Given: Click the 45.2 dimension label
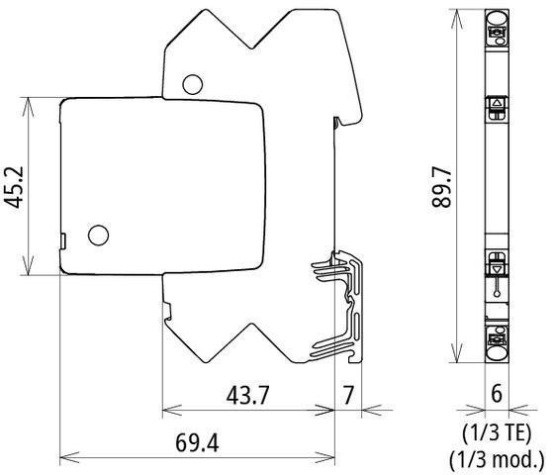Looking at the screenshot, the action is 14,187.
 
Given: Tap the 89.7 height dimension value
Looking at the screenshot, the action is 441,187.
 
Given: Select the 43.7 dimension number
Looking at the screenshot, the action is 247,395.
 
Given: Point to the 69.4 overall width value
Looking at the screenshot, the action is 197,442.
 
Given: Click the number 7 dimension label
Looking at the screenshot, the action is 348,395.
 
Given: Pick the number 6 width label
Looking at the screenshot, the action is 497,393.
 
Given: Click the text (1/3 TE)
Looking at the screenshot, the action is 497,433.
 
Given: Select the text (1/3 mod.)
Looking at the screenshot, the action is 497,459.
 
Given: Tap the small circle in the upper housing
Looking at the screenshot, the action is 193,84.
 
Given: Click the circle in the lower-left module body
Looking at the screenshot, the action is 98,236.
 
